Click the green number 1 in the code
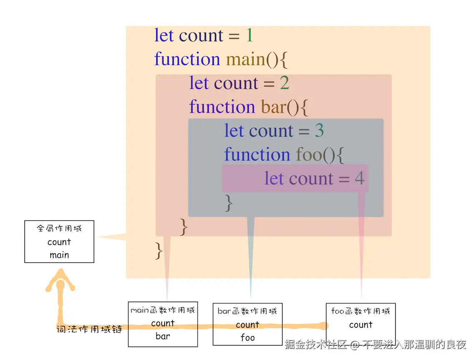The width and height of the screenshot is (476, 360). coord(249,36)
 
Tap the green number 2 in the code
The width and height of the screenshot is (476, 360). coord(284,83)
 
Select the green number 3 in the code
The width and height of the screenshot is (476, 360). coord(319,131)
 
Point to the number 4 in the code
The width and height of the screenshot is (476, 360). coord(359,179)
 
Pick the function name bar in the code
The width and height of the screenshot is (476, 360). coord(273,107)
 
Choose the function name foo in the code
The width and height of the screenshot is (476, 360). coord(309,155)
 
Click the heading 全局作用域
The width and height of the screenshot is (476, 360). coord(59,228)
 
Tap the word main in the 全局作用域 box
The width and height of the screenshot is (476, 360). coord(59,255)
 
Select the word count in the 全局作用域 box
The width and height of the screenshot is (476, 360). coord(59,242)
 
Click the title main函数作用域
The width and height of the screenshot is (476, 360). coord(163,310)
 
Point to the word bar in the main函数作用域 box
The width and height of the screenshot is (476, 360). coord(163,336)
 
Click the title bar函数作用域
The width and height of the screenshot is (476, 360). coord(247,311)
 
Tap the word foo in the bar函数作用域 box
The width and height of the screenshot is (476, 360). coord(248,337)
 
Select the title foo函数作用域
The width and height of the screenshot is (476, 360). coord(361,311)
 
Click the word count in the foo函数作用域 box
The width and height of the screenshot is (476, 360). coord(361,325)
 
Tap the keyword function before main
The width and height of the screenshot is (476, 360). coord(187,60)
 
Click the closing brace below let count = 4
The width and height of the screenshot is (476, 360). coord(228,203)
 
